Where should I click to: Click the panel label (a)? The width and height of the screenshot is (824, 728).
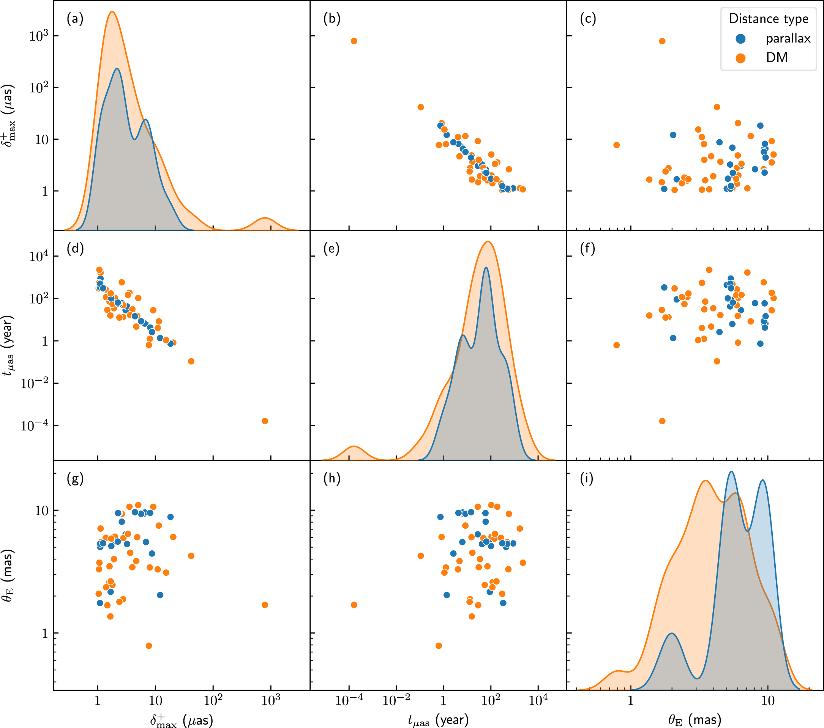[75, 19]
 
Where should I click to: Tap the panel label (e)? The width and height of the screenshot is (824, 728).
[331, 249]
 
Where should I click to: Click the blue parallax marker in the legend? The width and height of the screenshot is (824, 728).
[740, 39]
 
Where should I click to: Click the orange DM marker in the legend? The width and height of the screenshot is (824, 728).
[740, 58]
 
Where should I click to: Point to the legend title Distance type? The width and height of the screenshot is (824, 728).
[768, 19]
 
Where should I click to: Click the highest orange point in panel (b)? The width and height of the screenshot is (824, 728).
[354, 41]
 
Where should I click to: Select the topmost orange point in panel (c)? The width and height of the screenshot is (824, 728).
[662, 41]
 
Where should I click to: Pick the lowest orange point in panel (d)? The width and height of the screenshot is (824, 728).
[265, 421]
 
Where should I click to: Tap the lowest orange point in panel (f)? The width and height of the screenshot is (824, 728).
[662, 421]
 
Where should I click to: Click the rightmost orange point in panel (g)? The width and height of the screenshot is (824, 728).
[265, 605]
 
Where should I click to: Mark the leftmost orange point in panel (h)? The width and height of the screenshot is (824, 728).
[354, 605]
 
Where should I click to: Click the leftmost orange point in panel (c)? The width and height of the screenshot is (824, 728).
[616, 145]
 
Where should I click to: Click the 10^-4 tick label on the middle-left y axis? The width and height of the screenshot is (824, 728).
[34, 426]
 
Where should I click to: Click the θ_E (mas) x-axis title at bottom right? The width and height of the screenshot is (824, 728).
[695, 719]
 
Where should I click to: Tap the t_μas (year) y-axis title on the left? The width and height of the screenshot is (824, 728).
[9, 346]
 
